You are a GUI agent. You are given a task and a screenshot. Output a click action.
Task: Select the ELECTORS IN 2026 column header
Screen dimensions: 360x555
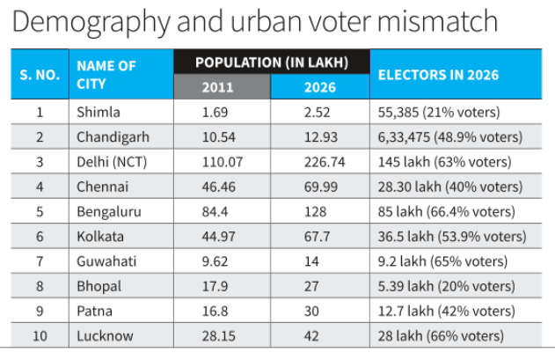[438, 75]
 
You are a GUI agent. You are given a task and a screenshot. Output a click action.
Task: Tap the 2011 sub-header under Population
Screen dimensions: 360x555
[218, 87]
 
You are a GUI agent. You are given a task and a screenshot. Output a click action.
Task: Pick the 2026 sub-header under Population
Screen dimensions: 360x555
[319, 87]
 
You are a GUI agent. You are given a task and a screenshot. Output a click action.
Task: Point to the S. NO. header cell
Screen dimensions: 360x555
[40, 75]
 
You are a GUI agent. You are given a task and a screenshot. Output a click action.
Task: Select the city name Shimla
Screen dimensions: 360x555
[99, 112]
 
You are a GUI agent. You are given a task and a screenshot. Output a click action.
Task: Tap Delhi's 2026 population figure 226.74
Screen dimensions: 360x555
[321, 162]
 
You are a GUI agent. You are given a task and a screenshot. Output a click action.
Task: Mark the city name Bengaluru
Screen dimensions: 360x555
[109, 212]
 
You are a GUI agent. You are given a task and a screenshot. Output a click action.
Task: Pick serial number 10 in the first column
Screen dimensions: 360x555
[40, 336]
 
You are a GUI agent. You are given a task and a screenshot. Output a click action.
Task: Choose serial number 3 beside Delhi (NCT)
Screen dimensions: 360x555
[40, 162]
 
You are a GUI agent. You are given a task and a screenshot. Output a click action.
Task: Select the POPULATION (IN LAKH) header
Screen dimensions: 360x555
[272, 62]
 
